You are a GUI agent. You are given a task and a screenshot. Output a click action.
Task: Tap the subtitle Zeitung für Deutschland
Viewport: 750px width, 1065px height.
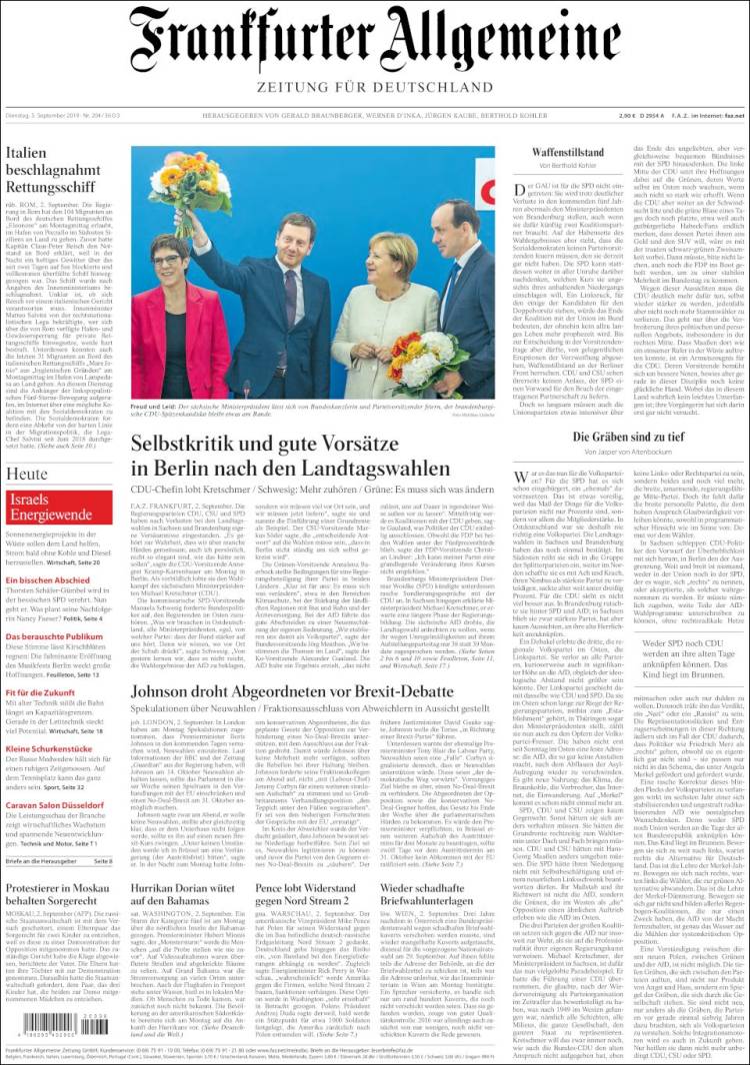click(375, 88)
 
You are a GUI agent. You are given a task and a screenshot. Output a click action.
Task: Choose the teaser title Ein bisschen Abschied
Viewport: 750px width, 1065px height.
click(48, 580)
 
